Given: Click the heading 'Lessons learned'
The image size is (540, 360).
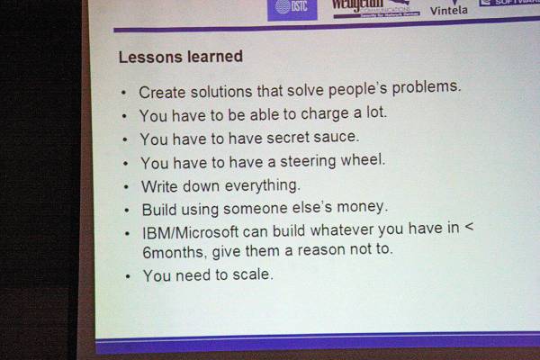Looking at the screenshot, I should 180,57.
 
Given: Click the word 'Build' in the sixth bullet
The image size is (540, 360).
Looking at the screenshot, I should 161,209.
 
